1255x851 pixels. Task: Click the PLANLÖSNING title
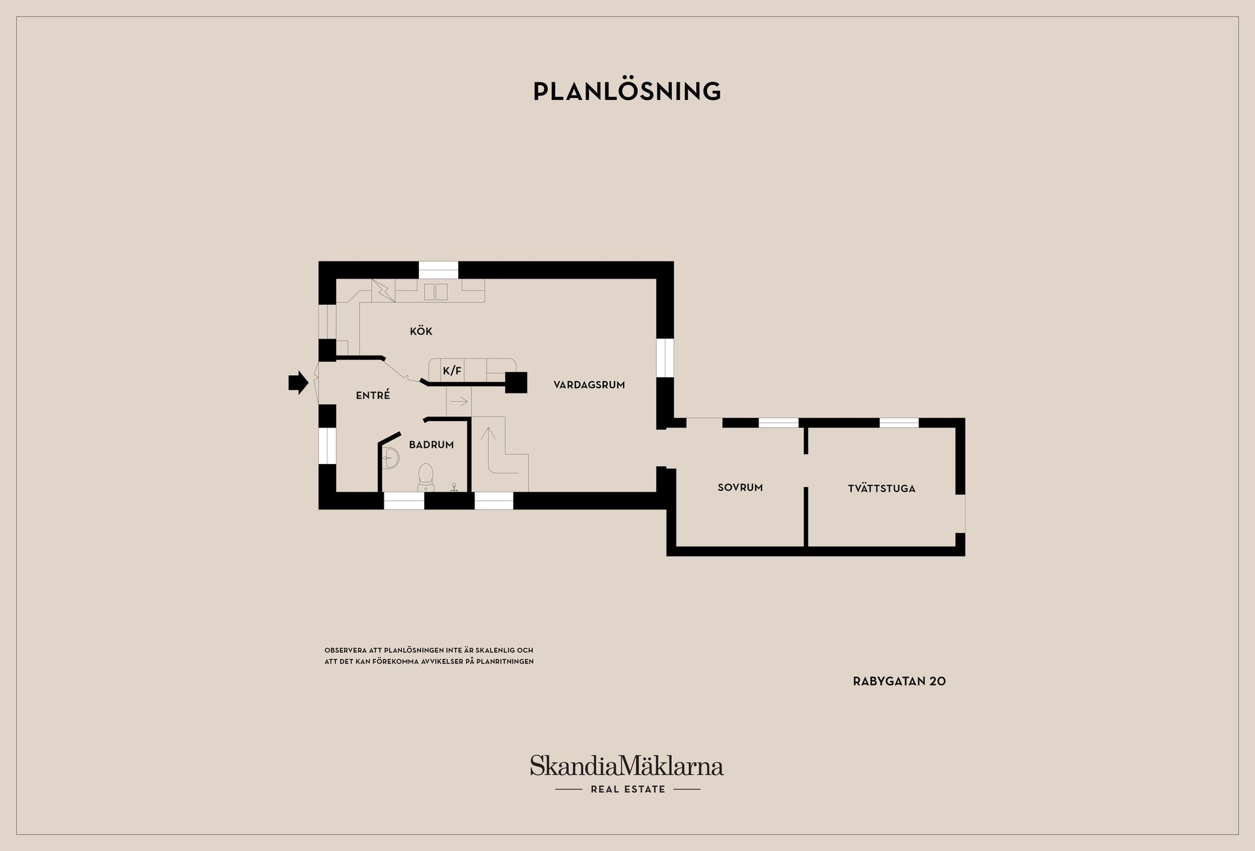click(627, 91)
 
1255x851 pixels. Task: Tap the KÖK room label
click(421, 331)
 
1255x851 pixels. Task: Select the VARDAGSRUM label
click(589, 385)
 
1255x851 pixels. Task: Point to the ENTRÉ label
click(373, 395)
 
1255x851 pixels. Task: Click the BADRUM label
click(431, 444)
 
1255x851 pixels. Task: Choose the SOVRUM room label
click(740, 488)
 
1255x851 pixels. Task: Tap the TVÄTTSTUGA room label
click(881, 488)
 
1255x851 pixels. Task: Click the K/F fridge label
click(452, 371)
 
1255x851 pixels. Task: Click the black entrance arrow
click(298, 382)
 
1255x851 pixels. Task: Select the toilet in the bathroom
click(426, 477)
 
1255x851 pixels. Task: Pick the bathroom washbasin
click(391, 458)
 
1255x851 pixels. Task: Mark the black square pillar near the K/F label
click(516, 382)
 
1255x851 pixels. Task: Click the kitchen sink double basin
click(436, 292)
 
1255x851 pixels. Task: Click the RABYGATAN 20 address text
click(899, 681)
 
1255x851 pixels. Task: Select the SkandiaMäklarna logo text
click(627, 766)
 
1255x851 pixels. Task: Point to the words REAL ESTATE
click(627, 789)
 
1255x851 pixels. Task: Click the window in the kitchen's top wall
click(439, 270)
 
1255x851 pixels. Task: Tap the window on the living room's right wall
click(665, 358)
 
